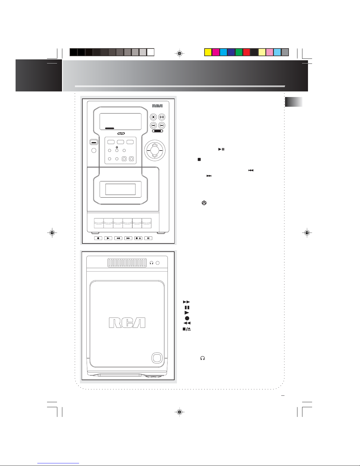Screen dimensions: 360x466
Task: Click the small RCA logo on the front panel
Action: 157,106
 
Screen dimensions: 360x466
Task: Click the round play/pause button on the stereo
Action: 162,117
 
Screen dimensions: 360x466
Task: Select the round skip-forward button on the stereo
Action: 162,125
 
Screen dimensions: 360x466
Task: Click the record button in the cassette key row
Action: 98,238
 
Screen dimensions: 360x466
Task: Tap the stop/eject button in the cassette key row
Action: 138,238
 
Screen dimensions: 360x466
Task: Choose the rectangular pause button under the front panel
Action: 148,238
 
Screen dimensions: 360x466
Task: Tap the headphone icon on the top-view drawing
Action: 152,263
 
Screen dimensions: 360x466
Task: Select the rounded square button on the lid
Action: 157,358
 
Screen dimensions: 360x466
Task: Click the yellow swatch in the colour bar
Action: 208,52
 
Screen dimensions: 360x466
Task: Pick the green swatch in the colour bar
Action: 239,52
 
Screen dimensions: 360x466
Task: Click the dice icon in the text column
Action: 204,203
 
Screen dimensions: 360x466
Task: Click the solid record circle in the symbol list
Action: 187,318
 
